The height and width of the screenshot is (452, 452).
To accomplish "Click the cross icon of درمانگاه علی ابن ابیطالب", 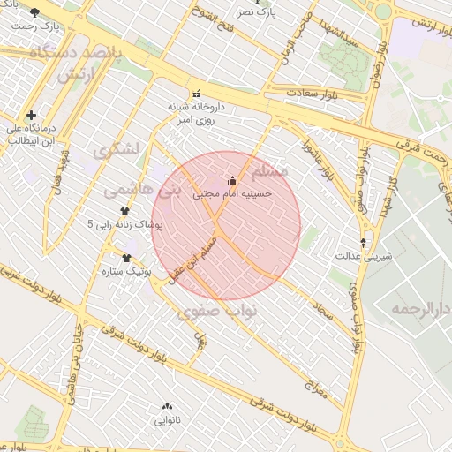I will point(32,115).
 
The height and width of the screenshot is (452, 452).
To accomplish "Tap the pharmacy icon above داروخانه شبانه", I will point(196,93).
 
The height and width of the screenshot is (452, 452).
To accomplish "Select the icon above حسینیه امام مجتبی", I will point(233,181).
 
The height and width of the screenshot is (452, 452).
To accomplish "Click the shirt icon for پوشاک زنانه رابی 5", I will point(124,212).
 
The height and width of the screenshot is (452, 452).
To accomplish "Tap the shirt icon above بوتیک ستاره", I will point(126,259).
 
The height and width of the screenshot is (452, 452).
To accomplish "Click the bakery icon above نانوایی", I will point(166,406).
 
